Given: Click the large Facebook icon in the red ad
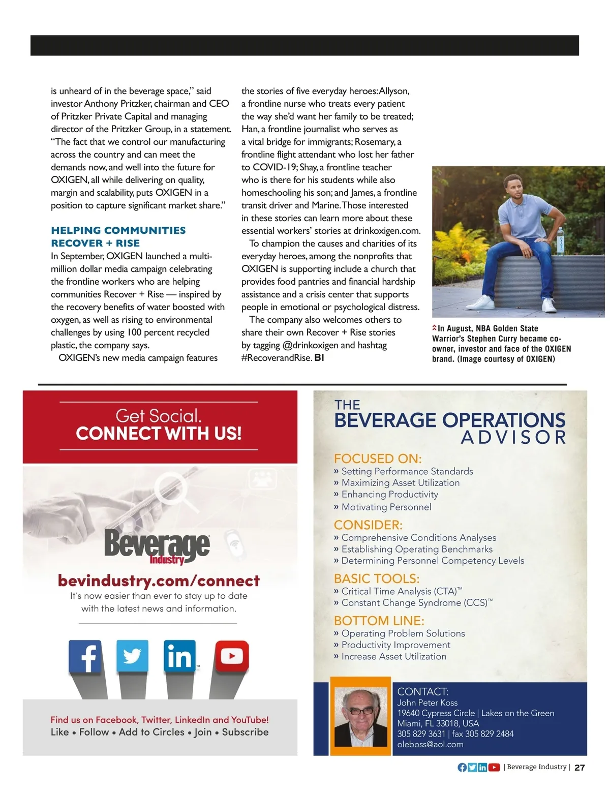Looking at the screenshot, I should tap(85, 656).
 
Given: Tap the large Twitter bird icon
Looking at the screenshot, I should tap(132, 656).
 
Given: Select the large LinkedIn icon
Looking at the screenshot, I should tap(179, 656).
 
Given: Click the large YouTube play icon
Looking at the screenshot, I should tap(232, 656).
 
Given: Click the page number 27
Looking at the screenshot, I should tap(579, 768).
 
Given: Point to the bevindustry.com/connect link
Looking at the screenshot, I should tap(159, 581).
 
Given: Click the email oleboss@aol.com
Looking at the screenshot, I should tap(430, 744).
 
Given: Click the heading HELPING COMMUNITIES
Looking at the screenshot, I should tap(118, 230).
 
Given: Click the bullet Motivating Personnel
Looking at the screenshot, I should tap(386, 507).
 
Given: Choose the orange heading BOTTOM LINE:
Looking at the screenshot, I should tap(379, 621).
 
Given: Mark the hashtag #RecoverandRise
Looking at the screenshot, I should tap(277, 358).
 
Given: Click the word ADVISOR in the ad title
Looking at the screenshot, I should tap(513, 438).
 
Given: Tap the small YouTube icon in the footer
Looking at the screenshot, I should tap(494, 768).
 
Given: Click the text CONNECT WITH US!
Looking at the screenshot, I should tap(159, 434).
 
